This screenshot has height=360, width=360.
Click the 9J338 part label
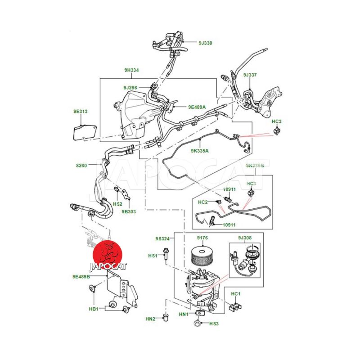(205, 43)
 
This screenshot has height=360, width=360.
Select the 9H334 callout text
(131, 70)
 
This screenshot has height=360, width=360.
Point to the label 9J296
(131, 86)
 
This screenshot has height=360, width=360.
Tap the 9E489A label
(197, 107)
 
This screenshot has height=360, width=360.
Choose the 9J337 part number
(250, 75)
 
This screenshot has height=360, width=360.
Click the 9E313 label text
(81, 111)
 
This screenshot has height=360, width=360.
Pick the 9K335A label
(199, 151)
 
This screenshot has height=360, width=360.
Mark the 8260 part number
(81, 166)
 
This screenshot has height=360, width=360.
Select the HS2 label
(117, 204)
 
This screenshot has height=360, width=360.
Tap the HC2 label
(203, 202)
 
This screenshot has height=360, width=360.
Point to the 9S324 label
(162, 238)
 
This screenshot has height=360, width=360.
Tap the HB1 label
(94, 309)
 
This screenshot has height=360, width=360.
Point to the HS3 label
(213, 324)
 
